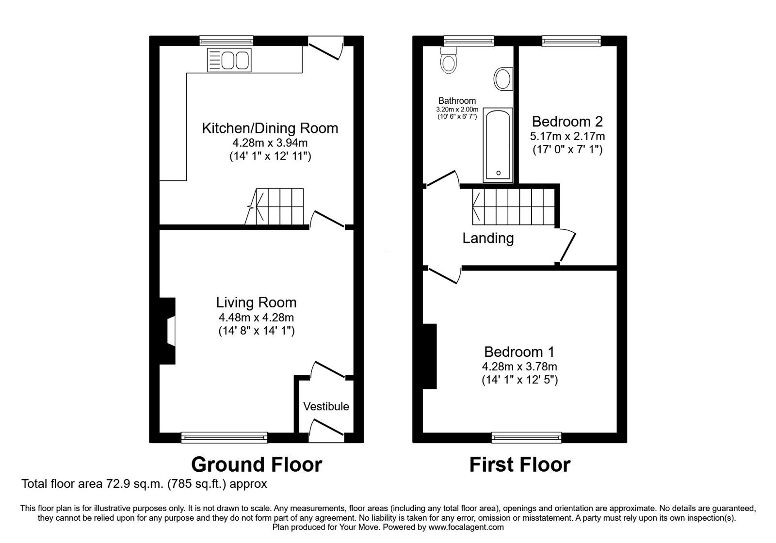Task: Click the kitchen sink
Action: click(x=229, y=60)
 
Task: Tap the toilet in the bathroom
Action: click(x=448, y=62)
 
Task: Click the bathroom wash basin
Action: click(x=503, y=78)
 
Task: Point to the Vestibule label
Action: click(x=326, y=406)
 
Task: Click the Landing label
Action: click(x=488, y=238)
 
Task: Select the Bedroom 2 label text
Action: click(x=567, y=121)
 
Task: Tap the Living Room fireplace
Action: click(x=167, y=331)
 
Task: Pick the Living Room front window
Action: click(x=224, y=437)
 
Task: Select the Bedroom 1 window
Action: click(x=527, y=437)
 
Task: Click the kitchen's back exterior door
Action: click(x=326, y=48)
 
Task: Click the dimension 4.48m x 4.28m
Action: click(x=256, y=318)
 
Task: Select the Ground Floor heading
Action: click(x=257, y=464)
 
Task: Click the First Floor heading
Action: click(x=519, y=464)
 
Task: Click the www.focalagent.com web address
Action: click(x=466, y=527)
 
